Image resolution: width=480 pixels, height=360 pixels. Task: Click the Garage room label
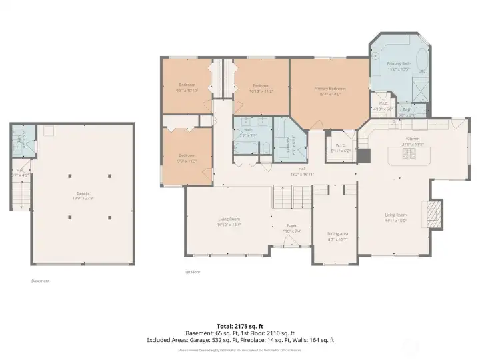pos(83,194)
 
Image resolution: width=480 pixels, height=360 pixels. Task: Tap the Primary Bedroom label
pos(329,89)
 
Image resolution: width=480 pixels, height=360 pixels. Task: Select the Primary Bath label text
pos(399,64)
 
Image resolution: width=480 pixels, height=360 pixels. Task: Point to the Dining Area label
pos(337,234)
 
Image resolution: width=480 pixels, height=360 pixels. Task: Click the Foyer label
pos(291,227)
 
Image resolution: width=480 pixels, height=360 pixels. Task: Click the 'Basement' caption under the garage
pos(40,281)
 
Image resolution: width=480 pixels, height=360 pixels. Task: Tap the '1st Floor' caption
pos(193,272)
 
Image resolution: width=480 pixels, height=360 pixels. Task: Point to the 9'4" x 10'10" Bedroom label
pos(186,87)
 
